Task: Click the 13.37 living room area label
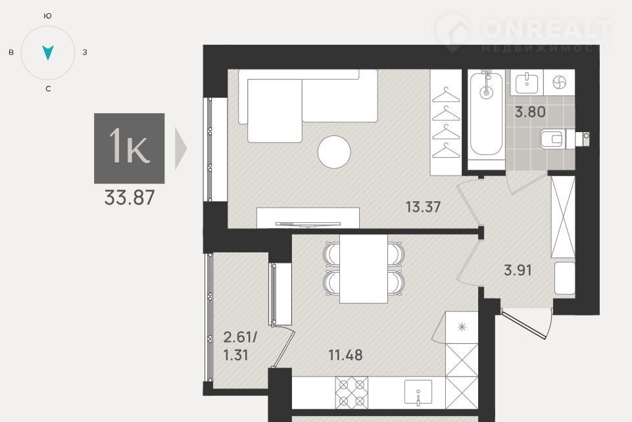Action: tap(423, 207)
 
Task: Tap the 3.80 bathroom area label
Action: tap(530, 112)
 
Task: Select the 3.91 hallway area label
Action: tap(518, 270)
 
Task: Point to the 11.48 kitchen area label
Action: tap(345, 355)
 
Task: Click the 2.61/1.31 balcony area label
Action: tap(240, 346)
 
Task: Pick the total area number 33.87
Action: tap(130, 198)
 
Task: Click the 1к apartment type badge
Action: tap(130, 148)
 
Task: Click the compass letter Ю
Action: tap(47, 16)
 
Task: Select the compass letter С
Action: tap(48, 89)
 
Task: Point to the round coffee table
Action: tap(334, 152)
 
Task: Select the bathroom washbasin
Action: tap(527, 82)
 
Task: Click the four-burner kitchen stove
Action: tap(351, 392)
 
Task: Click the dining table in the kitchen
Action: tap(364, 269)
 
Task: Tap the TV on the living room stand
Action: tap(308, 224)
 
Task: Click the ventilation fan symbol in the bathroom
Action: tap(559, 82)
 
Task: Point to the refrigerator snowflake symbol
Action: tap(462, 327)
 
